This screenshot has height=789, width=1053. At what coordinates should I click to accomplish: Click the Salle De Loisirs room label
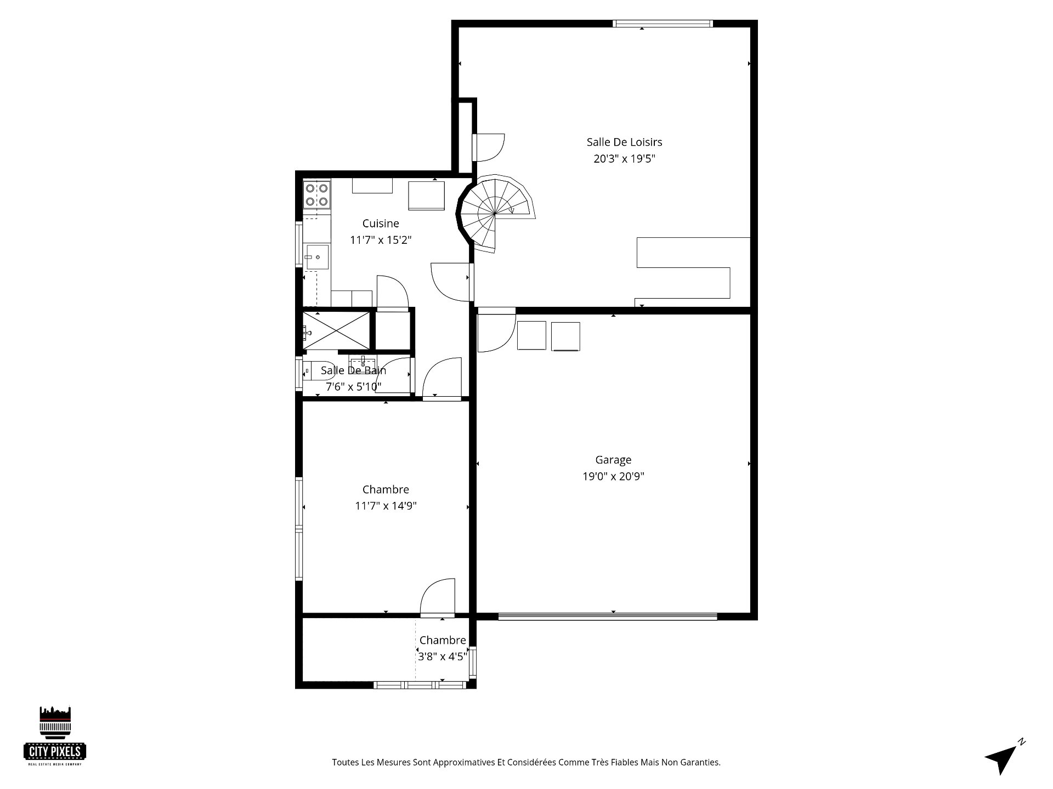(x=624, y=142)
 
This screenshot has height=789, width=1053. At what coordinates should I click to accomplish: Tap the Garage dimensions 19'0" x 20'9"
(x=613, y=477)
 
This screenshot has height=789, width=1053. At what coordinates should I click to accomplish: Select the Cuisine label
(x=381, y=224)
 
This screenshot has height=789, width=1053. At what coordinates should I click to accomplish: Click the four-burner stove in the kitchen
(x=317, y=195)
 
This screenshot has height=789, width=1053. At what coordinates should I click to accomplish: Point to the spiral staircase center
(x=495, y=213)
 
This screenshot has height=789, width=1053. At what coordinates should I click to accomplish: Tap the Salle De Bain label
(x=353, y=371)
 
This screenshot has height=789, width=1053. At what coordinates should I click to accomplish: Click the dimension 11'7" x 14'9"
(x=386, y=506)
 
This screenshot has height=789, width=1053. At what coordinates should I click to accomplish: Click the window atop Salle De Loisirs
(x=663, y=24)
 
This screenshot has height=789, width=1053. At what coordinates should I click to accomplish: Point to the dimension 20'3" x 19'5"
(x=624, y=159)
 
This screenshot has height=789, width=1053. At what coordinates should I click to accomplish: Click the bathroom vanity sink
(x=363, y=364)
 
